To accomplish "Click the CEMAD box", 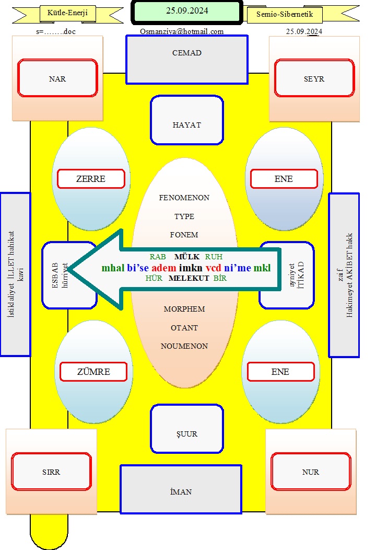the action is (x=187, y=60).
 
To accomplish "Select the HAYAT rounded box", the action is (x=187, y=120).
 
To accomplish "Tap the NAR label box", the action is (x=57, y=78).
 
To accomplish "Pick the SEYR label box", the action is (x=314, y=78).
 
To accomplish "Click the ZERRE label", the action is (x=91, y=179).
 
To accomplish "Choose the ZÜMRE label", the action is (x=93, y=372).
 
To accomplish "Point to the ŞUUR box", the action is (x=187, y=429).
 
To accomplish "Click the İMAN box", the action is (x=181, y=489).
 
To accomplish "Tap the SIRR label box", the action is (x=51, y=472).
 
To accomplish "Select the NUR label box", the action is (x=311, y=472).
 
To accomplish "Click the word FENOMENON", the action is (x=184, y=198).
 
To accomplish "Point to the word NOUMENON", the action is (x=184, y=346).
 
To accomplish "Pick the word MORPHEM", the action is (x=184, y=309).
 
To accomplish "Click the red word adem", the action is (x=164, y=268).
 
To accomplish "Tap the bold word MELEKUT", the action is (x=189, y=278).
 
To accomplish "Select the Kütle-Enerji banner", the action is (x=68, y=13).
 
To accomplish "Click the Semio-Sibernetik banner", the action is (x=285, y=15).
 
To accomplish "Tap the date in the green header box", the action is (x=187, y=10).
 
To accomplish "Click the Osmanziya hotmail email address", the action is (x=182, y=31).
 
